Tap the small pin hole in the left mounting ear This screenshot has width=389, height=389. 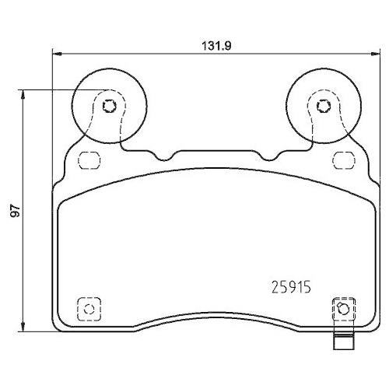(x=109, y=106)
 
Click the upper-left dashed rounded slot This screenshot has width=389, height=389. (x=91, y=160)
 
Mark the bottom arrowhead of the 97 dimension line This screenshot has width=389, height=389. (x=26, y=328)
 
